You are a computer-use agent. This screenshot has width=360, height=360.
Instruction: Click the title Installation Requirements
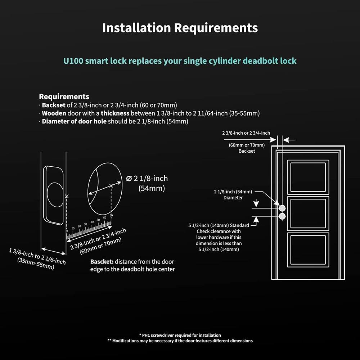coord(180,28)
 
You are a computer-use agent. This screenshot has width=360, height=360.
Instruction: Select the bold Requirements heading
coord(64,96)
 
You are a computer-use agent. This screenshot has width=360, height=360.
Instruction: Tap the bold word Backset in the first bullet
coord(53,105)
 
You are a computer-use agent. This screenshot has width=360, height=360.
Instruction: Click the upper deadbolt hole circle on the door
coord(282,208)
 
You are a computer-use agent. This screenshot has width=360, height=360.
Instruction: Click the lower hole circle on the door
coord(282,216)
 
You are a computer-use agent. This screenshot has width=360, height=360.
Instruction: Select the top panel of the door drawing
coord(308,177)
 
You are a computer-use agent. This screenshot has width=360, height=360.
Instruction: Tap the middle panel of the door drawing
coord(308,213)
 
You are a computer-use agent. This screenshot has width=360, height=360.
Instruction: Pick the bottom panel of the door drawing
coord(308,250)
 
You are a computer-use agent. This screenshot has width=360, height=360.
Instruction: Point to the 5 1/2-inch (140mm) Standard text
coord(219,225)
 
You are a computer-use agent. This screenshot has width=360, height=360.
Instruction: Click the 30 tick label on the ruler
coord(85,225)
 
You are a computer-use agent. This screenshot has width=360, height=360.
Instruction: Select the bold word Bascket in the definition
coord(102,262)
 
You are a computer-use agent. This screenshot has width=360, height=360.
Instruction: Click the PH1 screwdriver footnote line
coord(180,335)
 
